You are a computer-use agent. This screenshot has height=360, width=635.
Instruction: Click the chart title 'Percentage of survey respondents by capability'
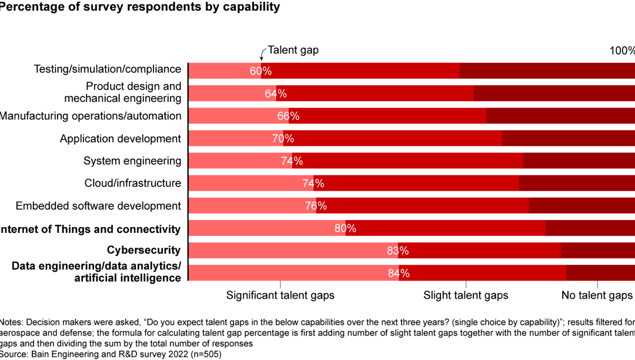(x=140, y=7)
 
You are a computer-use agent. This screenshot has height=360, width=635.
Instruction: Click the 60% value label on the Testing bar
(x=260, y=71)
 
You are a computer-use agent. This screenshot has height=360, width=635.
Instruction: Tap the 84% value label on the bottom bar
(x=399, y=273)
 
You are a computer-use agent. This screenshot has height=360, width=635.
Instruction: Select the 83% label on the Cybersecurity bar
(x=398, y=251)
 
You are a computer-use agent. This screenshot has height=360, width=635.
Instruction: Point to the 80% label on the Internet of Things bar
(x=345, y=228)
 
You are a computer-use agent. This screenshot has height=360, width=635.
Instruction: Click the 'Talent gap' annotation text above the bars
(x=293, y=50)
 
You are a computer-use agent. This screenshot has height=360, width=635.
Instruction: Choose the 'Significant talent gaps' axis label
(x=280, y=295)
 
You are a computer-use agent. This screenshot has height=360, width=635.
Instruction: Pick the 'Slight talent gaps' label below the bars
(x=466, y=295)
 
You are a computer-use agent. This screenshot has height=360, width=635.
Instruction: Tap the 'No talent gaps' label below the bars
(x=596, y=295)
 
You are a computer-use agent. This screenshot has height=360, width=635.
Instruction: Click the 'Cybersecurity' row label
(x=143, y=250)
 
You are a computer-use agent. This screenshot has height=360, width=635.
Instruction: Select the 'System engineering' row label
(x=132, y=161)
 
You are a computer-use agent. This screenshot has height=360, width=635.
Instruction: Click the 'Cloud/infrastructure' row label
(x=133, y=183)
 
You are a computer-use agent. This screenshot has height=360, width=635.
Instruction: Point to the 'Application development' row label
(x=121, y=139)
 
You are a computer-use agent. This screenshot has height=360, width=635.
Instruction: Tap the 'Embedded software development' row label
(x=98, y=206)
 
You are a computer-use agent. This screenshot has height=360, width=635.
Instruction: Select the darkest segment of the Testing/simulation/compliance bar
(x=547, y=71)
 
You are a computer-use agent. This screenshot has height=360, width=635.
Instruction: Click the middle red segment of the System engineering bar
(x=412, y=161)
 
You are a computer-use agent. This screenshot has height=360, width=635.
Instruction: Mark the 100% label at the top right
(x=622, y=51)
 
